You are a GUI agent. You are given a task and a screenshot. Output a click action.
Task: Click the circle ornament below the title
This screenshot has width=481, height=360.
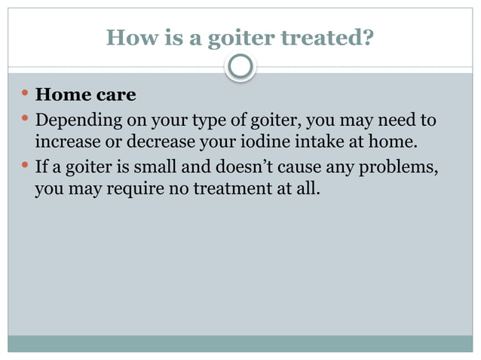pyautogui.click(x=241, y=68)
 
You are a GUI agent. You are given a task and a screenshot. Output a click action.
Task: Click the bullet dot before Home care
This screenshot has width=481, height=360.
pyautogui.click(x=25, y=95)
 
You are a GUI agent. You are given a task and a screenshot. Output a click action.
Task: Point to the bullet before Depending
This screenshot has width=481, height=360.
pyautogui.click(x=25, y=120)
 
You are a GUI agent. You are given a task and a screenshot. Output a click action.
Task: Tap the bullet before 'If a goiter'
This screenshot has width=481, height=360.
pyautogui.click(x=25, y=165)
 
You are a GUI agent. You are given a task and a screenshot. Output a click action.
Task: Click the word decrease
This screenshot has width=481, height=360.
pyautogui.click(x=162, y=142)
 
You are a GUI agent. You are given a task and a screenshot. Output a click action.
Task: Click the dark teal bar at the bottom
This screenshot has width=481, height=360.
pyautogui.click(x=240, y=343)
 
